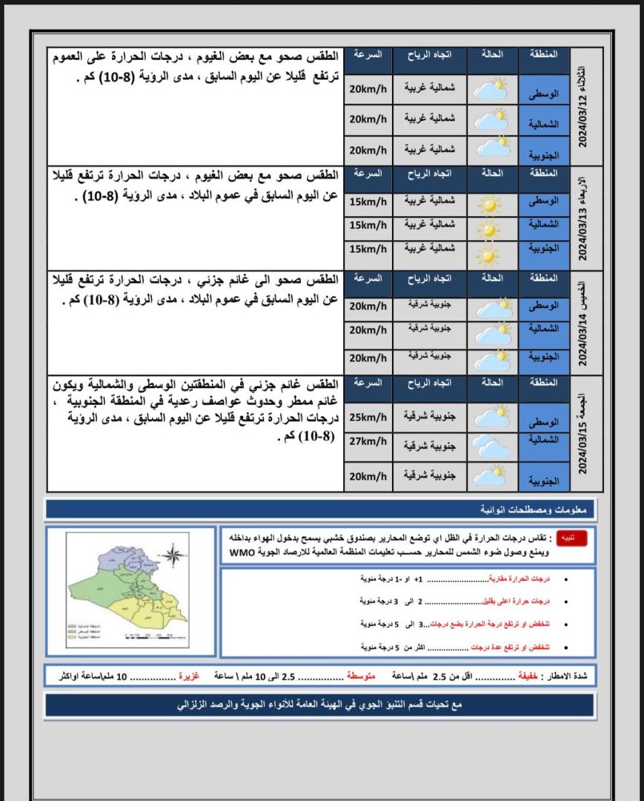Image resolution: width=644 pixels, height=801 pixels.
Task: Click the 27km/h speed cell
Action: [368, 442]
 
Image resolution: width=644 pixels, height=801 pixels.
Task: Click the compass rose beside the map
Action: [173, 556]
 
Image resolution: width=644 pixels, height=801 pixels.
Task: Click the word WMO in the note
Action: [242, 553]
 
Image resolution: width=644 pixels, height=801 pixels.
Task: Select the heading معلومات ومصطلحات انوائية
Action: [542, 510]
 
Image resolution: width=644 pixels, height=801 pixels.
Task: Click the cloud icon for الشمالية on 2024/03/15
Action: [490, 446]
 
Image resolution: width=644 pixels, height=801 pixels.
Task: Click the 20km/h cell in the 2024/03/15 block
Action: [368, 475]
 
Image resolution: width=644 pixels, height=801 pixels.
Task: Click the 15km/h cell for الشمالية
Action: [368, 225]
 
